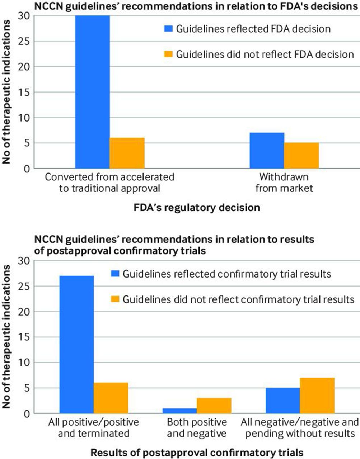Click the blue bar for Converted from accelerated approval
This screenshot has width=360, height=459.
coord(92,92)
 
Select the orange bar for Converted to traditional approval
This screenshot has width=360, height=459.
coord(127,153)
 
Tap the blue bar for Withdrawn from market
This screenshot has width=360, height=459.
coord(267,151)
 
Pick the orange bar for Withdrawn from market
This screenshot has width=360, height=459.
coord(301,156)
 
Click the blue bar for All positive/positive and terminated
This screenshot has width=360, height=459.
coord(77,344)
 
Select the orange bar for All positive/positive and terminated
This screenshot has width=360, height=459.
coord(111,398)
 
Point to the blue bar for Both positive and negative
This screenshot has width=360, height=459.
coord(179,411)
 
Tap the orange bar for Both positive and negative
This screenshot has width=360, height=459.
coord(214,406)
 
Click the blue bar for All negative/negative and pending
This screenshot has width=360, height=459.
coord(282,401)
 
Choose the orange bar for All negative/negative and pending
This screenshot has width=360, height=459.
coord(317,396)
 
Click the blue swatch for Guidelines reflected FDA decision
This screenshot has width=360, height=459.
coord(168,29)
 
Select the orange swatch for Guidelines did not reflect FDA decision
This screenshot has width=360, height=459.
coord(168,54)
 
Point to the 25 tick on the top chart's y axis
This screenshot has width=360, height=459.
coord(26,41)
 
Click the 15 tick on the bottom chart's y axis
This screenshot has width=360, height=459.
coord(26,337)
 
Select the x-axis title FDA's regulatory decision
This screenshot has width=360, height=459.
coord(197,208)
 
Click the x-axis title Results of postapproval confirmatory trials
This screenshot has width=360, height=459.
coord(197,452)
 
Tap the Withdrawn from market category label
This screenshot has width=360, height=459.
coord(284,183)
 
